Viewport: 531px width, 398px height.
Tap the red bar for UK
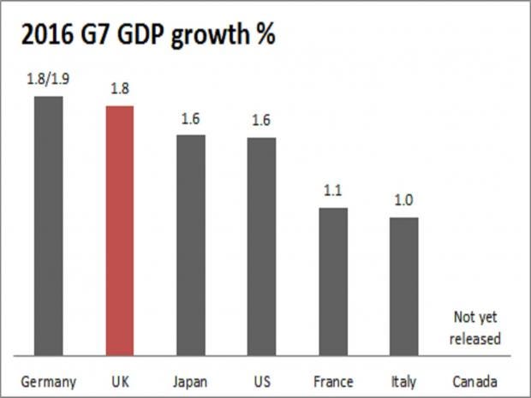120,230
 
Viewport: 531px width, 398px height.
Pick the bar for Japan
191,244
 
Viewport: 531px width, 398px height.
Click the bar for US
262,246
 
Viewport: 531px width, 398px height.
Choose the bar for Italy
404,286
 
